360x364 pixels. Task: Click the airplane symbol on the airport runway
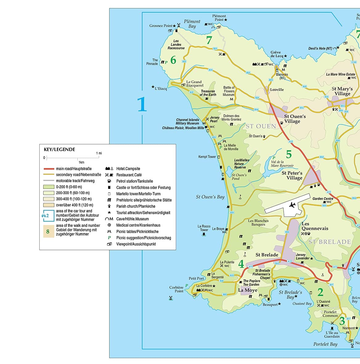coord(292,205)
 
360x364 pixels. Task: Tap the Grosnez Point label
coord(161,26)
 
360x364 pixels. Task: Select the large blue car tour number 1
coord(142,104)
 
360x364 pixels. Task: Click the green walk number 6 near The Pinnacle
coord(173,60)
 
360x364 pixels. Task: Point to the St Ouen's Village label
coord(295,119)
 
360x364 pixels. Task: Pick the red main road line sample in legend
coord(49,169)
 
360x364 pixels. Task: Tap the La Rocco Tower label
coord(204,228)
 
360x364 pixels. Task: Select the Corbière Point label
coord(176,289)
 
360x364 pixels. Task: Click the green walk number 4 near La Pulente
coord(241,264)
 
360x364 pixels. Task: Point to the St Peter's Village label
coord(292,175)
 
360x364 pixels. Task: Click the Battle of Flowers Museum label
coord(229,91)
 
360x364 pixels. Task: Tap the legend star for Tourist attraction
coord(109,213)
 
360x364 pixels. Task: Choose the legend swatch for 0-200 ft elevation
coord(49,187)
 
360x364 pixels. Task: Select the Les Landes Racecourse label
coord(176,44)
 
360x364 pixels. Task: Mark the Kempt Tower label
coord(207,157)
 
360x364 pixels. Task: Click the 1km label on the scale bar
coord(81,162)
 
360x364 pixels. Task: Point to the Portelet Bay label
coord(325,344)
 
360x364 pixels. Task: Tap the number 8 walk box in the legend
coord(48,231)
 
